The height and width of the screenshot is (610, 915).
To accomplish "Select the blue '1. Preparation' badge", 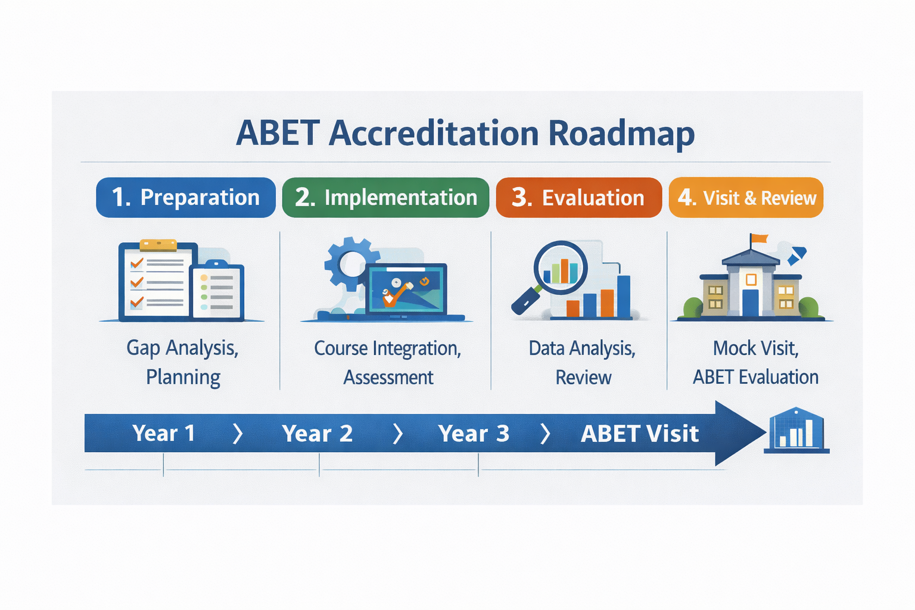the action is [186, 197].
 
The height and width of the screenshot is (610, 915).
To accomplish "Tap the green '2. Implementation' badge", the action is [385, 197].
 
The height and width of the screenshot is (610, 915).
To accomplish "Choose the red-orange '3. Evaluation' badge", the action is [579, 197].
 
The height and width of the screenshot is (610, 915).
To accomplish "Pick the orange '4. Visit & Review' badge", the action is [746, 197].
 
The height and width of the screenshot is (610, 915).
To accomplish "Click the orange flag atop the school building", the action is [760, 238].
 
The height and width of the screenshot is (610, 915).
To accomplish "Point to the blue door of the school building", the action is [751, 303].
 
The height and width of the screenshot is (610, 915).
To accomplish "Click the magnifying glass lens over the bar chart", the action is [561, 267].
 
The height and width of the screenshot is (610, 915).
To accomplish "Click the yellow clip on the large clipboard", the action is [158, 245].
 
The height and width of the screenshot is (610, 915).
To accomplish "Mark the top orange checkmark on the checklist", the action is [136, 263].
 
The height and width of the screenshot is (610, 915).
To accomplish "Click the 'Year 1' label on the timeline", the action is [163, 433].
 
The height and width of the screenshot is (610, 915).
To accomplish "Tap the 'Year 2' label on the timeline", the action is [318, 433].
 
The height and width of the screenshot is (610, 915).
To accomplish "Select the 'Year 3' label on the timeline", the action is [474, 433].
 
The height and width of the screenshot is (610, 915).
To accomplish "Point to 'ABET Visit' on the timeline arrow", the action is [640, 433].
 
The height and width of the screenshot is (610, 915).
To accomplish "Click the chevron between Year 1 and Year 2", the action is [237, 434].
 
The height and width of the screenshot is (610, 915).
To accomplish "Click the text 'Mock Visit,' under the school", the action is [756, 348].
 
